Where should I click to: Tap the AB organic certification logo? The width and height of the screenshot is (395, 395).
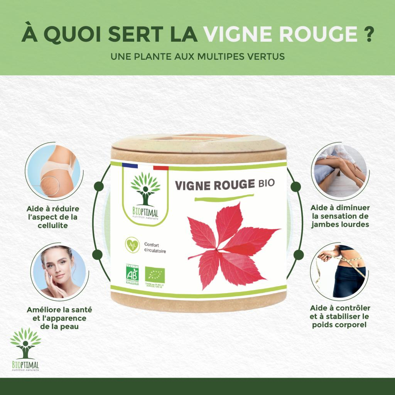coord(132,275)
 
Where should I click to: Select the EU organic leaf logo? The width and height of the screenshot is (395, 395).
coord(155,274)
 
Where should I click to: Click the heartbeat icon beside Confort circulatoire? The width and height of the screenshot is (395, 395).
coord(132,245)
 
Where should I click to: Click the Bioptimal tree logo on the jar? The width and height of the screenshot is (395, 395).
coord(145,193)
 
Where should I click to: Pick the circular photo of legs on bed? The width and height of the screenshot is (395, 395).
coord(338,170)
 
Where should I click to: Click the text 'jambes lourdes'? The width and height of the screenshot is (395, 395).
coord(341,224)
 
